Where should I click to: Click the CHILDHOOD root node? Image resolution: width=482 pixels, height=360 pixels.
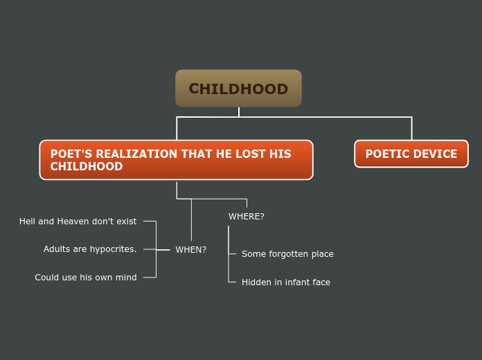238,89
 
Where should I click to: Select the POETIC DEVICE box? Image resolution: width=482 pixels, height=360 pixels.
411,154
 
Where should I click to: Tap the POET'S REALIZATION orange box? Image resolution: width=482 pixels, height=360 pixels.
176,160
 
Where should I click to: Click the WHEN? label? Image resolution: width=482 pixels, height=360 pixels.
190,250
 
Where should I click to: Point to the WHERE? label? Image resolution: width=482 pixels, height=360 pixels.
247,217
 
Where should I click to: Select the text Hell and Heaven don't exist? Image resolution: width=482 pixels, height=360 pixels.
78,222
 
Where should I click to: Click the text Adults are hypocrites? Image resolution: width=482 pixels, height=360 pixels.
90,249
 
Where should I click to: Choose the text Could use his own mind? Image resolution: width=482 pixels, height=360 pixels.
86,278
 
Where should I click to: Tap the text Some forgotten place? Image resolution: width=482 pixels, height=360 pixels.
287,254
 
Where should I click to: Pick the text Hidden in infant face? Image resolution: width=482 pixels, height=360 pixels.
285,282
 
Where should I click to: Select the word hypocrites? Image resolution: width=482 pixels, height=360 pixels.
113,249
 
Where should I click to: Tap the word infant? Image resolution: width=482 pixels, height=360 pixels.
298,282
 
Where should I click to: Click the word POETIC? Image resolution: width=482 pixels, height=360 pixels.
386,154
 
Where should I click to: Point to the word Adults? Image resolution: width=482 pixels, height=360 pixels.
57,249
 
